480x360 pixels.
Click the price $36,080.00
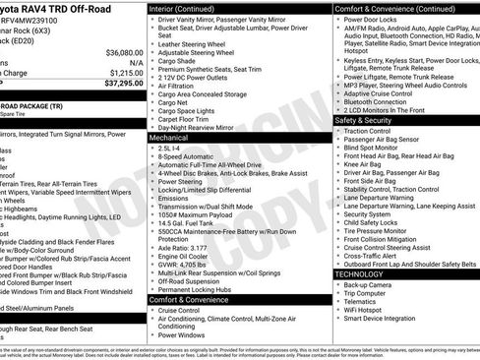click(123, 51)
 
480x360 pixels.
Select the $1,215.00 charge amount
click(125, 73)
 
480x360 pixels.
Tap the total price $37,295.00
click(123, 84)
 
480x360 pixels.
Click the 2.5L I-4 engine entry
click(172, 148)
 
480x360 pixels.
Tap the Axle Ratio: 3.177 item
click(183, 249)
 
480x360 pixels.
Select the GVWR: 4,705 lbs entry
click(184, 266)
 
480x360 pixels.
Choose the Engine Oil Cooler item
click(185, 258)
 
